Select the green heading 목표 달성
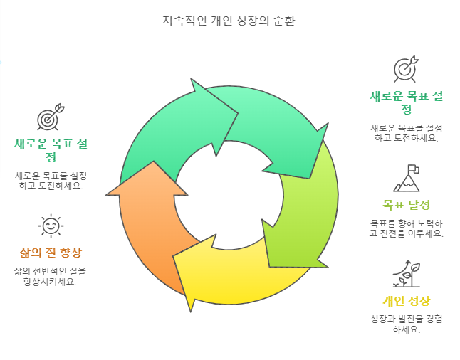(406, 205)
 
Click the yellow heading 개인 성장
(406, 300)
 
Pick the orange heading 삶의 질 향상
(51, 253)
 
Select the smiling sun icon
(51, 226)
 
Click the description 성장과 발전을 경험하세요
(406, 324)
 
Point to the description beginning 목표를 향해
(406, 228)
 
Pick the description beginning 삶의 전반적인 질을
(51, 276)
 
